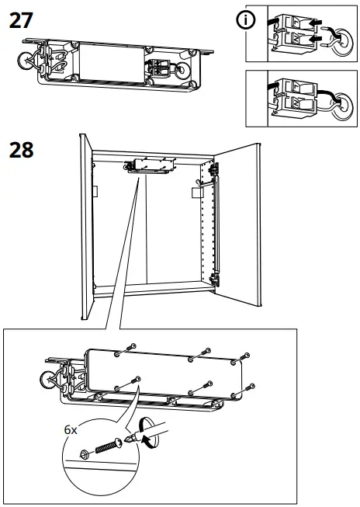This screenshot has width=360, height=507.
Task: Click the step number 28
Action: coord(21,149)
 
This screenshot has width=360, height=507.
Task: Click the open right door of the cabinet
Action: coord(241,225)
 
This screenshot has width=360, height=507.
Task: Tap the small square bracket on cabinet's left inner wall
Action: coord(95,190)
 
